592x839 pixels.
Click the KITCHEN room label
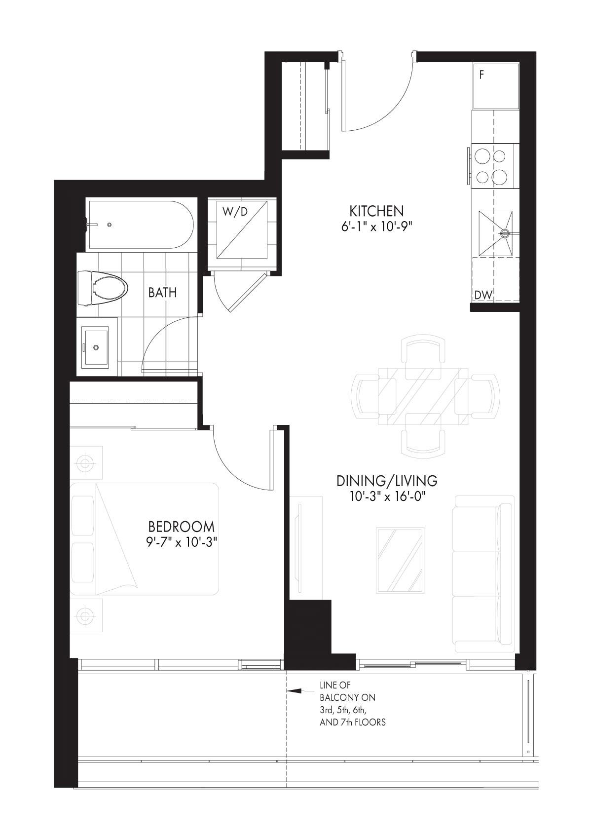(x=376, y=211)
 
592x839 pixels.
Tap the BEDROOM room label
(x=182, y=527)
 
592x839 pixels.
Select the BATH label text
(x=162, y=293)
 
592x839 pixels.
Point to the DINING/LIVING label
(x=387, y=481)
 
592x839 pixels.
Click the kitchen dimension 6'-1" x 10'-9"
(x=377, y=228)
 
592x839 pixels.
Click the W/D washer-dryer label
(x=235, y=212)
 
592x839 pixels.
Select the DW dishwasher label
(x=483, y=295)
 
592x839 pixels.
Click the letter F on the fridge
(x=481, y=75)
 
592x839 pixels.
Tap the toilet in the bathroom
(x=102, y=288)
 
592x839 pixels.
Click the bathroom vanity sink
(x=97, y=346)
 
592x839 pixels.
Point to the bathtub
(x=140, y=225)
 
